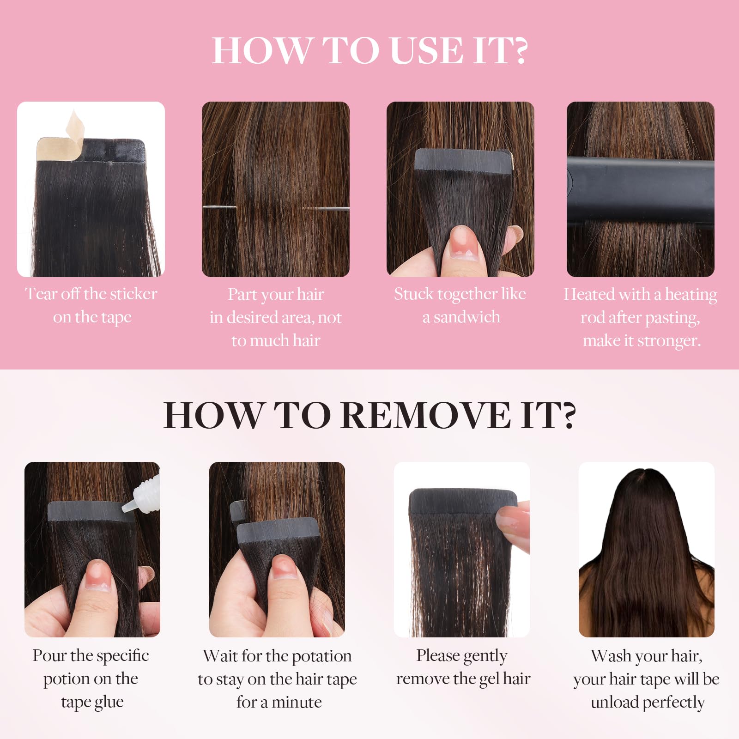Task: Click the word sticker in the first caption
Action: pos(133,294)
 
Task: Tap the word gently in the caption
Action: pos(485,656)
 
